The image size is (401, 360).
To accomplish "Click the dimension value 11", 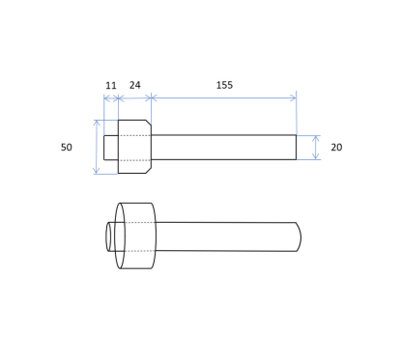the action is click(x=111, y=86).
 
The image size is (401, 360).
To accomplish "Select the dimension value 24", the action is click(x=135, y=85).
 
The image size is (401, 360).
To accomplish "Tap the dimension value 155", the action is click(x=224, y=85).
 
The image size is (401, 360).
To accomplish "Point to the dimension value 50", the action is click(x=67, y=147).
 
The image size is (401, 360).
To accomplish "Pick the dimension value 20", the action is click(x=336, y=147).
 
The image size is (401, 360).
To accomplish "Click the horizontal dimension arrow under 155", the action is click(x=223, y=97).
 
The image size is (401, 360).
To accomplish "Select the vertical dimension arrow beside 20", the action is click(x=316, y=148).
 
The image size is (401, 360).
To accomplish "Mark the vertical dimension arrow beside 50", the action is click(x=97, y=147).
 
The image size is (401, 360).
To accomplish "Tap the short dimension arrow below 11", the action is click(x=111, y=98).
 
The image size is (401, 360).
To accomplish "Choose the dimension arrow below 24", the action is click(x=135, y=97).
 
